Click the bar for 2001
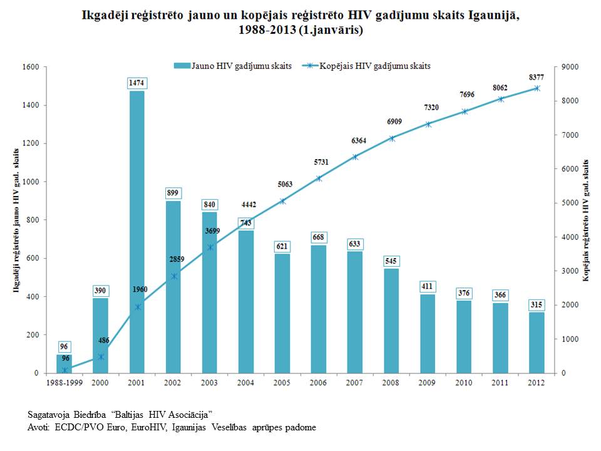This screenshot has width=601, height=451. click(x=136, y=232)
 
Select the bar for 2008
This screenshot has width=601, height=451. click(x=391, y=321)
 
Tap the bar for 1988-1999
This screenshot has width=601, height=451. click(x=64, y=364)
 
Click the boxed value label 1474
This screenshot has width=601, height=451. click(x=136, y=83)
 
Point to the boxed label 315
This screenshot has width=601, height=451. click(x=537, y=305)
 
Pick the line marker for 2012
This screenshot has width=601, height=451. click(x=537, y=88)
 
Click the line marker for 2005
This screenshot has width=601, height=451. click(x=282, y=201)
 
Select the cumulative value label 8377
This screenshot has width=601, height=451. click(x=537, y=77)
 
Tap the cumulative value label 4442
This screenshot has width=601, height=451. click(x=249, y=204)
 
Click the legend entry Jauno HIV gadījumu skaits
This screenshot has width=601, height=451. click(x=233, y=66)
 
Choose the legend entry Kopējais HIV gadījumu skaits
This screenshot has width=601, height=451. click(x=366, y=66)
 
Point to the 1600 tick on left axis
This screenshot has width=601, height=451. click(x=31, y=67)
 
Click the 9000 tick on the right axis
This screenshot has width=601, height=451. click(x=570, y=67)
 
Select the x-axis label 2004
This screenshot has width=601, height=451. click(x=245, y=382)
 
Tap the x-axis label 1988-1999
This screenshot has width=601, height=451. click(x=64, y=382)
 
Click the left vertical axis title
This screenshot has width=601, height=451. click(x=16, y=220)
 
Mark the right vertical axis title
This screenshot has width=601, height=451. click(x=585, y=220)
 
